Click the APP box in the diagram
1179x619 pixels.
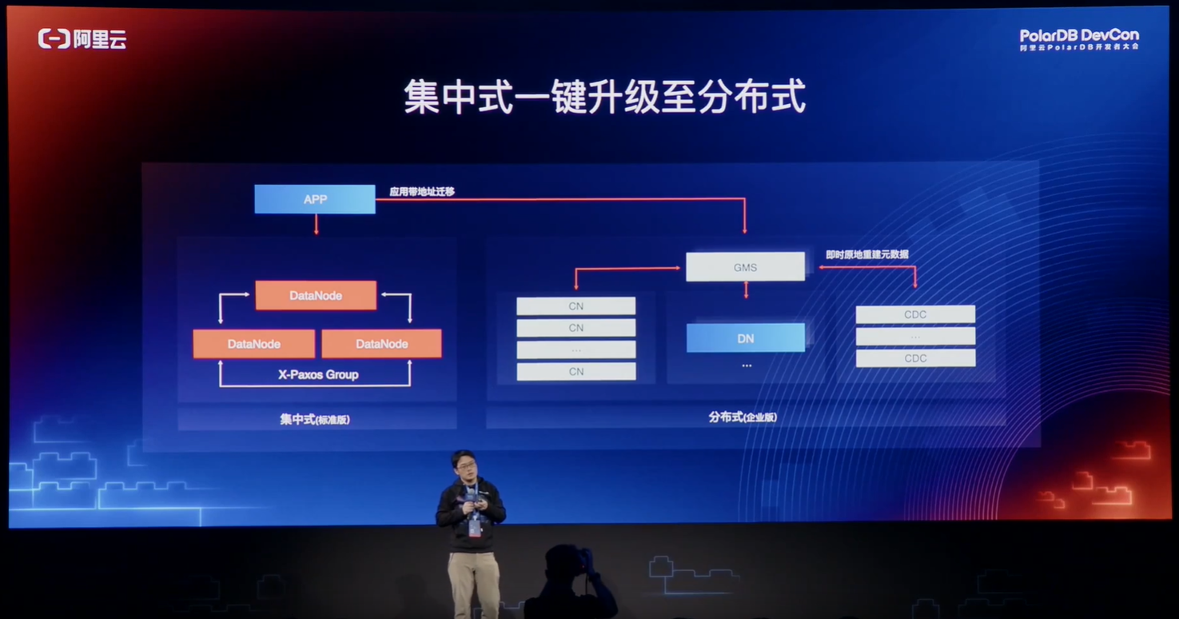point(314,199)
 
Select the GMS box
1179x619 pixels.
point(745,267)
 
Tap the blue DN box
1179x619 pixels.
point(745,338)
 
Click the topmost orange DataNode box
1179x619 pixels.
point(316,295)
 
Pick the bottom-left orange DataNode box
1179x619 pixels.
point(253,344)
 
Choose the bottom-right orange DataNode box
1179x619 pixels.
point(381,344)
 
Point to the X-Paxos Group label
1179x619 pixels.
point(318,374)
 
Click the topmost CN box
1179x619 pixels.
point(576,306)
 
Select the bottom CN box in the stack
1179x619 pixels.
point(576,371)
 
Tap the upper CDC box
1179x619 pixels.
point(915,314)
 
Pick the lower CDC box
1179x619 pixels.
point(915,358)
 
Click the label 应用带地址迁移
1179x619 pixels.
point(422,192)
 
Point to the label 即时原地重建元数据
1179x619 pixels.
point(866,254)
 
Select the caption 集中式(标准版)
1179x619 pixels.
point(315,419)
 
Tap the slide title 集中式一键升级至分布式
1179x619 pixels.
point(603,97)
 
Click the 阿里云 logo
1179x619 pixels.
point(82,38)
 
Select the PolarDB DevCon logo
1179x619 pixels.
point(1078,39)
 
